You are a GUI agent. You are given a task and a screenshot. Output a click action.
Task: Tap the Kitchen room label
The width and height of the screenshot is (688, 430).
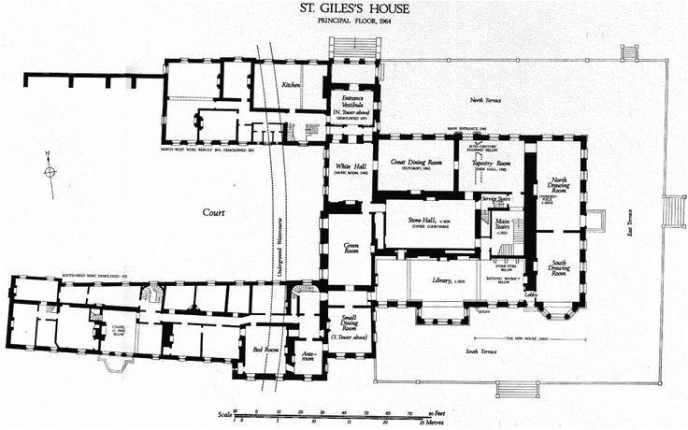pyautogui.click(x=291, y=86)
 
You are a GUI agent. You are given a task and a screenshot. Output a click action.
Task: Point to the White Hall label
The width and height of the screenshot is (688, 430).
pyautogui.click(x=349, y=169)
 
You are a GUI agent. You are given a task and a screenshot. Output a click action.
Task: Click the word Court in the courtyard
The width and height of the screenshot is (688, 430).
pyautogui.click(x=214, y=213)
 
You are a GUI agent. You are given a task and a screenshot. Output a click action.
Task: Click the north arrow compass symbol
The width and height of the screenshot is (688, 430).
pyautogui.click(x=50, y=170)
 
